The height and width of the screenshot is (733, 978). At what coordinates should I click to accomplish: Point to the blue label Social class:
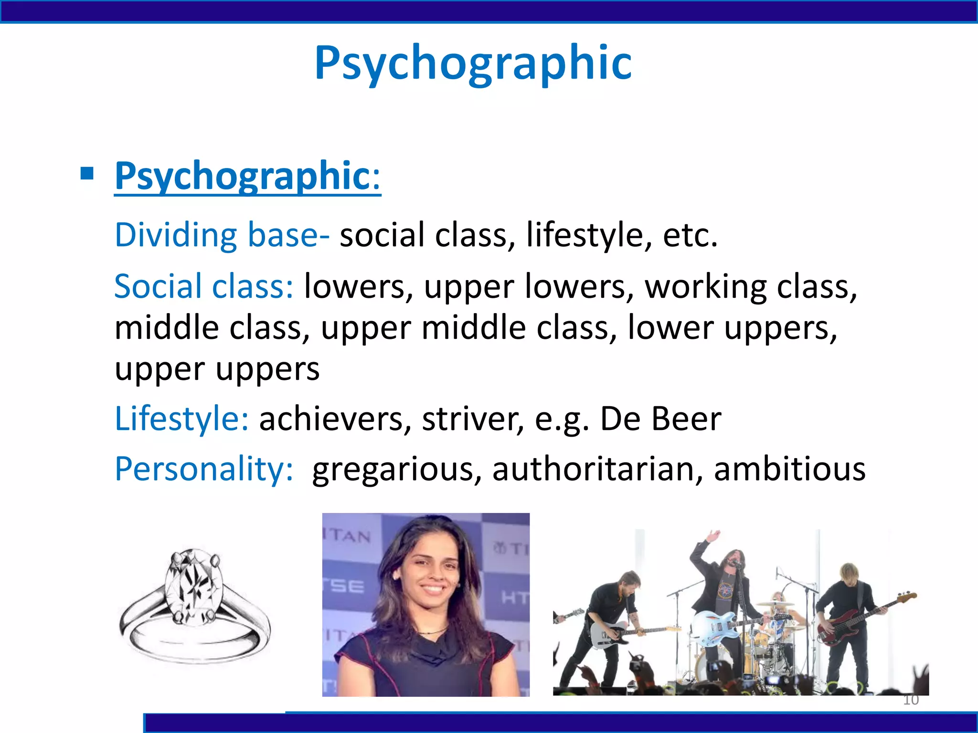203,286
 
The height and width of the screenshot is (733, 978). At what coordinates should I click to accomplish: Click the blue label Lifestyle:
181,419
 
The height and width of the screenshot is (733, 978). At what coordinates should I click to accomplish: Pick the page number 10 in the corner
911,700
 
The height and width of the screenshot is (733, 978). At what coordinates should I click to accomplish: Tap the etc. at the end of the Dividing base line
690,235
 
